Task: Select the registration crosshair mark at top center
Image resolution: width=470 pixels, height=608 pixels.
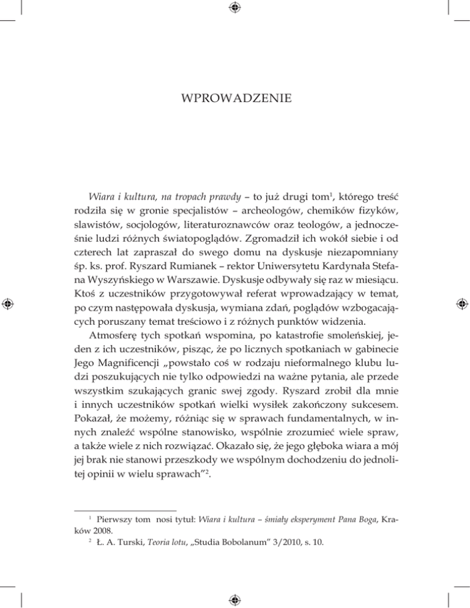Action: point(235,7)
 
